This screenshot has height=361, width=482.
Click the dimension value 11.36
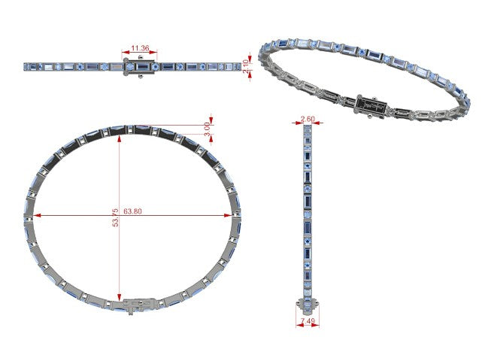[x=140, y=48]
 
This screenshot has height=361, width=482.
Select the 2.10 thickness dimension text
[x=246, y=66]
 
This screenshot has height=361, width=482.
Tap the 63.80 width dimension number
[x=132, y=211]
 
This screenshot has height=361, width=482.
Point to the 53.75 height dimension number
[x=115, y=217]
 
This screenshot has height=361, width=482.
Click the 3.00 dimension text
[x=208, y=129]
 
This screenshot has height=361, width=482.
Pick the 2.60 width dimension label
[x=308, y=119]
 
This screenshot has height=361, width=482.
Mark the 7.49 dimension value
[x=308, y=321]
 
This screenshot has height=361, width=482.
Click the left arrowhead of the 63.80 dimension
[x=37, y=215]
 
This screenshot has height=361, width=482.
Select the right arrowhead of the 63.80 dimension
[x=228, y=215]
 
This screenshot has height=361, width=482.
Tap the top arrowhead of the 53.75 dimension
[x=120, y=138]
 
